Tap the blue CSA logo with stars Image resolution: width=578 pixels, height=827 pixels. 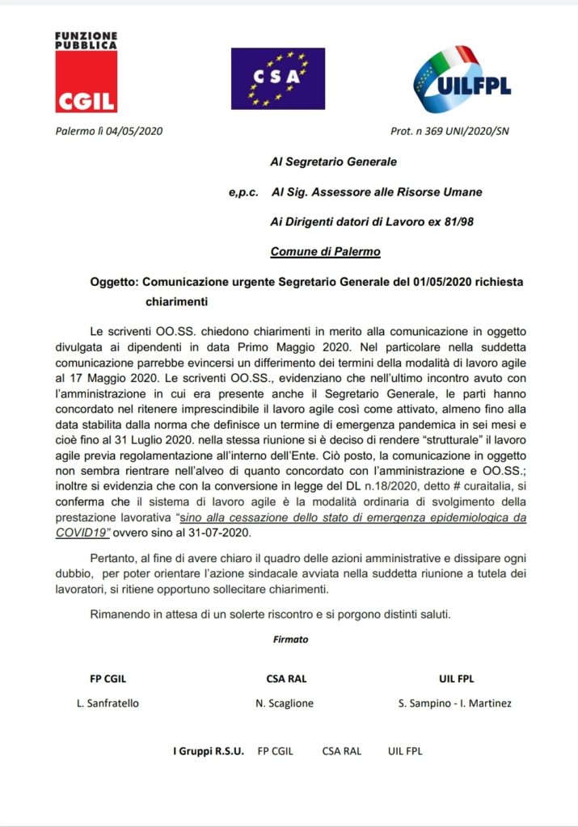(277, 78)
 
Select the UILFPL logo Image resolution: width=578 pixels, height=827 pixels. (462, 79)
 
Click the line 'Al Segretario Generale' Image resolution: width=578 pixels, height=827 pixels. (333, 162)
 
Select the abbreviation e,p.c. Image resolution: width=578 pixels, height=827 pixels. (243, 192)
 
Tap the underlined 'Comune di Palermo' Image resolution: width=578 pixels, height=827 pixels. (325, 251)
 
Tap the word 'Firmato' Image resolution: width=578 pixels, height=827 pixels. (291, 640)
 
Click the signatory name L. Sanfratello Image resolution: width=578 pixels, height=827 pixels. (108, 703)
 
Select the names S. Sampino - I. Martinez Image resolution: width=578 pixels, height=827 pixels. (455, 703)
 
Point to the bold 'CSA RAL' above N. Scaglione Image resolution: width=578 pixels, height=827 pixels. (286, 678)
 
